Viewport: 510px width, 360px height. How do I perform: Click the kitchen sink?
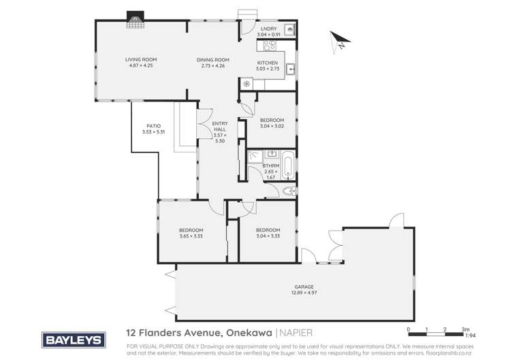[290, 68]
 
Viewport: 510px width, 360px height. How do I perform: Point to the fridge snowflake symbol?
[246, 84]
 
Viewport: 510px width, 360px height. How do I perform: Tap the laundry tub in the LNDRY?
[289, 30]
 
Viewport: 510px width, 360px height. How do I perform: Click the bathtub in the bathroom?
[289, 165]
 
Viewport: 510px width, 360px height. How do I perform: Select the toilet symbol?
[289, 190]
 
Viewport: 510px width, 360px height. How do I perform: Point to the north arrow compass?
[338, 41]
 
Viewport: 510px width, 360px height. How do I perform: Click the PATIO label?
[154, 126]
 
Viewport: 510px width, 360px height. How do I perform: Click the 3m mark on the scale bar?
[464, 329]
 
